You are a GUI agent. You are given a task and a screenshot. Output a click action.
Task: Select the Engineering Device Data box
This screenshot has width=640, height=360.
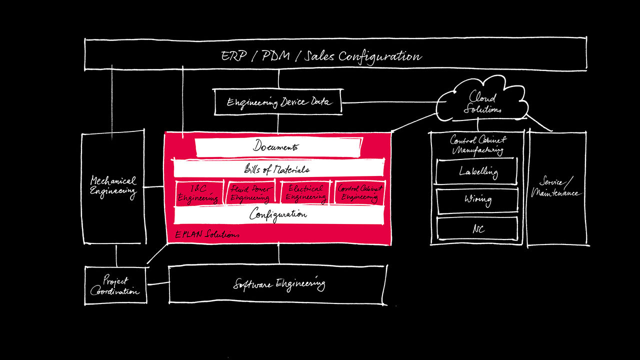coord(279,102)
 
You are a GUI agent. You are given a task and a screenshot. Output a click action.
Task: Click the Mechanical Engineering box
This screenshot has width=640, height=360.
coord(113,187)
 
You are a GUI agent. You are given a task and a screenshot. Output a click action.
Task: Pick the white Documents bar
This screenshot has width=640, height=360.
coord(278,147)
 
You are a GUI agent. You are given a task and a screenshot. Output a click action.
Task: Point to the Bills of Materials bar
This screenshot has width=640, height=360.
coord(278,169)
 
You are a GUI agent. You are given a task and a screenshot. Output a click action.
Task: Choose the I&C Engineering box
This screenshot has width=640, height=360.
coord(198,193)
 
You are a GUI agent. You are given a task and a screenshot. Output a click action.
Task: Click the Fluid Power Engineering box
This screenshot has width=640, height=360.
coord(251,193)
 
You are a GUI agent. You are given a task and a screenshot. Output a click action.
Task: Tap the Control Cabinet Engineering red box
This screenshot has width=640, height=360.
coord(359,193)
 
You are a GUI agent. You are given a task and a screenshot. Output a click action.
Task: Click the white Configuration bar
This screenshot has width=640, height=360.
coord(278,215)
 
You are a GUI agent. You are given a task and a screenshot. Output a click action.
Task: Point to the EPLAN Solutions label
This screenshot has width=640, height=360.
coord(207,234)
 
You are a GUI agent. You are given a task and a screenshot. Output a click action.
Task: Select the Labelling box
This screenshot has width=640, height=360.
coord(477,171)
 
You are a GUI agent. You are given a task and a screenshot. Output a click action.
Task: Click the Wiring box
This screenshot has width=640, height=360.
coord(477,200)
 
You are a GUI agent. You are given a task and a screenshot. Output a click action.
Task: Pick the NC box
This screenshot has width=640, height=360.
coord(477,228)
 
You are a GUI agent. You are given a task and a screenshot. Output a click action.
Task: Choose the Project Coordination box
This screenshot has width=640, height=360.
coord(115,285)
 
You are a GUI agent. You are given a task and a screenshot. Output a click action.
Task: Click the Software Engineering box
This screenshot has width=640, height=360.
coord(278,284)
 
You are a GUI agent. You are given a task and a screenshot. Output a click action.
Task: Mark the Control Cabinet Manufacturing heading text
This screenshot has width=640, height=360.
coord(477,144)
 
